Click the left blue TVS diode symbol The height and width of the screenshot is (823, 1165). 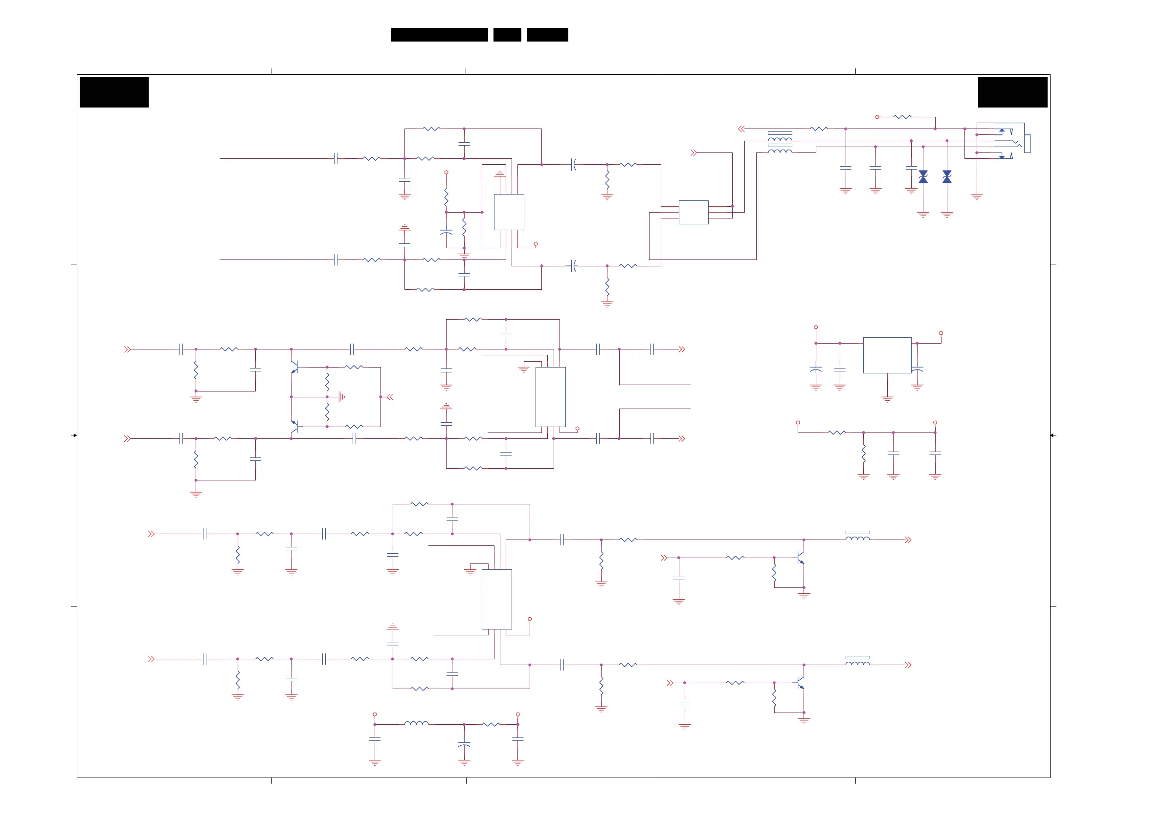pos(923,176)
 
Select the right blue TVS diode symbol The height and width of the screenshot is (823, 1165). pos(947,176)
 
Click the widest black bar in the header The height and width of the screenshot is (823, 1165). pos(439,35)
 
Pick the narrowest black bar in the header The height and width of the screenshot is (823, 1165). pos(507,35)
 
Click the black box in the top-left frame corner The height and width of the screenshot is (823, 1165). pos(114,92)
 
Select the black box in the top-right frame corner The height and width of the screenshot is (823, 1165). pos(1012,92)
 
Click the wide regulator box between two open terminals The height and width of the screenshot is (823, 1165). pos(887,355)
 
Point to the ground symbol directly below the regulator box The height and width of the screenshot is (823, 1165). pos(887,399)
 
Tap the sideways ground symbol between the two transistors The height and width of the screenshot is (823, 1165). pos(341,397)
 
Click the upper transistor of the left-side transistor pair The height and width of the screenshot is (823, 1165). pos(294,367)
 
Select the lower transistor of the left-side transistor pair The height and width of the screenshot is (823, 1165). pos(294,427)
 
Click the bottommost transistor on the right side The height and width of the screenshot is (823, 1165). pos(801,683)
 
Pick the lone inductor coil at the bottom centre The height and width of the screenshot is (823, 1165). pos(416,723)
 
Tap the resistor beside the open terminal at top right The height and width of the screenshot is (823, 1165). pos(902,117)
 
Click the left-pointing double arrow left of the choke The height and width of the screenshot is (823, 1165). pos(741,130)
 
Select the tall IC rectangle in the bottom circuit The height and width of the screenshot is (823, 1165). pos(497,599)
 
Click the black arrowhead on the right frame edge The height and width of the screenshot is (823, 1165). pos(1053,435)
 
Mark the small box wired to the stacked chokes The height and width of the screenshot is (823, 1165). pos(694,212)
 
